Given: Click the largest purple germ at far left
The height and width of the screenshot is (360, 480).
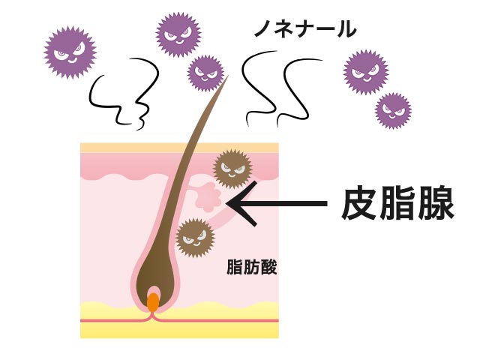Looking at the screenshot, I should [x=70, y=52].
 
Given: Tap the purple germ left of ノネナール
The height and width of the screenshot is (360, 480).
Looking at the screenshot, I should [x=178, y=34].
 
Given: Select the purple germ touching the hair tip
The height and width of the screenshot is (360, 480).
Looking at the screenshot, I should [x=205, y=73].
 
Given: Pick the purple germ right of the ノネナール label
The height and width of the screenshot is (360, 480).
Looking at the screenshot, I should [x=366, y=72].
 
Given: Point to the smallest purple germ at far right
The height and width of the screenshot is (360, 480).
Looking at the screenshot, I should [x=393, y=111].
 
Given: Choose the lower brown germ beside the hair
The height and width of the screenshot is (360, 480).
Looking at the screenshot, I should [x=196, y=238].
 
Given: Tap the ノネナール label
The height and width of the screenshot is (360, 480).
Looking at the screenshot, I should [x=304, y=31].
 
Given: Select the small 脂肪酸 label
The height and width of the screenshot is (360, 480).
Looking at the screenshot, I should [x=251, y=268].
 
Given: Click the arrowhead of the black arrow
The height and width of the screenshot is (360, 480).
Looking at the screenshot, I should [x=233, y=203].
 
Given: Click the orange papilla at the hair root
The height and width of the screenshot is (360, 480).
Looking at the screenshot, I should [x=153, y=301].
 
